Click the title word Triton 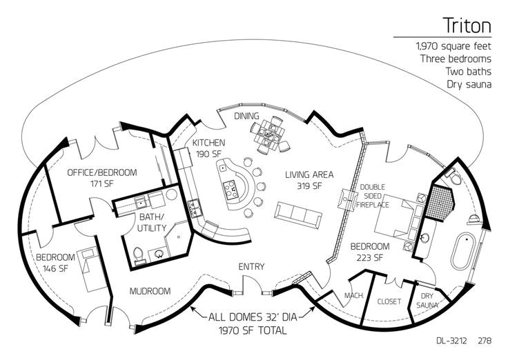click(x=467, y=26)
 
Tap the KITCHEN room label click(x=208, y=143)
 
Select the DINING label click(x=246, y=116)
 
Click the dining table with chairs click(x=270, y=134)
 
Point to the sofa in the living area click(x=298, y=215)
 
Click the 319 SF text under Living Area click(x=309, y=186)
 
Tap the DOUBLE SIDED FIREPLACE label click(x=373, y=196)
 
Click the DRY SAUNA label click(x=427, y=301)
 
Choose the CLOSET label click(x=389, y=301)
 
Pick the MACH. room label click(x=354, y=295)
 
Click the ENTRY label click(x=251, y=266)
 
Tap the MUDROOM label click(x=150, y=291)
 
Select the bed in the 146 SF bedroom click(x=92, y=270)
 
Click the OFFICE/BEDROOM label click(x=102, y=172)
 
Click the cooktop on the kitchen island click(x=231, y=189)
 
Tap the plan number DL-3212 click(x=451, y=341)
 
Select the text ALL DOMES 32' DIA click(x=253, y=317)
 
